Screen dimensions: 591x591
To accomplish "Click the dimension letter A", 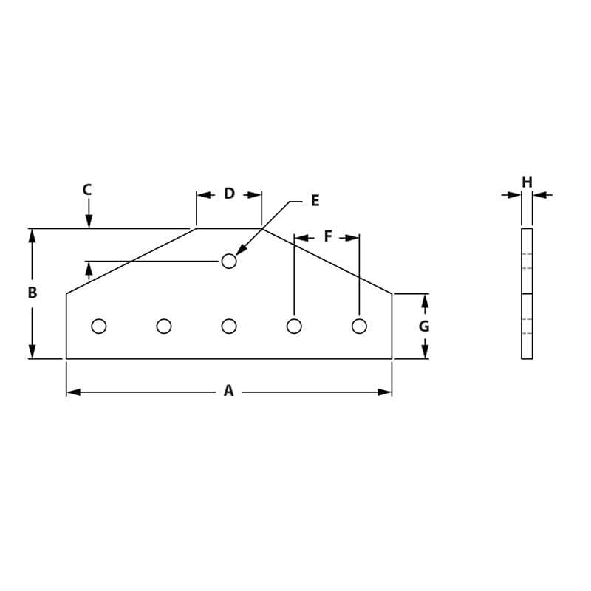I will tap(228, 391).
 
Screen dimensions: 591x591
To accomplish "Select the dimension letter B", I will tap(32, 293).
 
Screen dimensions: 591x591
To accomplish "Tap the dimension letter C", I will tap(87, 190).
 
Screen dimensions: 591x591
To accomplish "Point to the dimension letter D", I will tap(229, 194).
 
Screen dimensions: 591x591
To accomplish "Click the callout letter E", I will tap(315, 201).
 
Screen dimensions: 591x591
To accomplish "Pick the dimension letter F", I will tap(328, 236).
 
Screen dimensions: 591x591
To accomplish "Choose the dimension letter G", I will tap(424, 327).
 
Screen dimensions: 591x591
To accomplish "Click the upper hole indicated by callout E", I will tap(229, 261).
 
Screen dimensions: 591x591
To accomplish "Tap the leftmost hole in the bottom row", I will tap(99, 326).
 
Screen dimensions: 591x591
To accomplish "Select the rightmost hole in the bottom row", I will tap(359, 326).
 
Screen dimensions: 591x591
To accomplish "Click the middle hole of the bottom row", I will tap(229, 326).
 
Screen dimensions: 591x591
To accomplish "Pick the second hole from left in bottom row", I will tap(164, 326).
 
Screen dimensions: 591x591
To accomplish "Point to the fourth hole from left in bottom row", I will tap(294, 326).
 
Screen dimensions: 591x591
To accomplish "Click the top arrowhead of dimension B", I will tap(32, 236).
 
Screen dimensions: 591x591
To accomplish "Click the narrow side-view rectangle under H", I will tap(527, 293).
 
